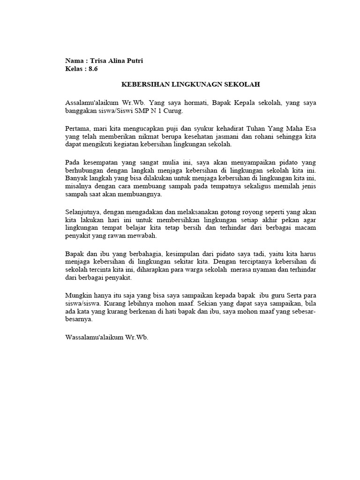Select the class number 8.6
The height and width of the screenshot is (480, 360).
pyautogui.click(x=93, y=69)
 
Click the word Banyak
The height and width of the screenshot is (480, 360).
pyautogui.click(x=75, y=180)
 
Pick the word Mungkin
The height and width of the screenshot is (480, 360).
pyautogui.click(x=77, y=296)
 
